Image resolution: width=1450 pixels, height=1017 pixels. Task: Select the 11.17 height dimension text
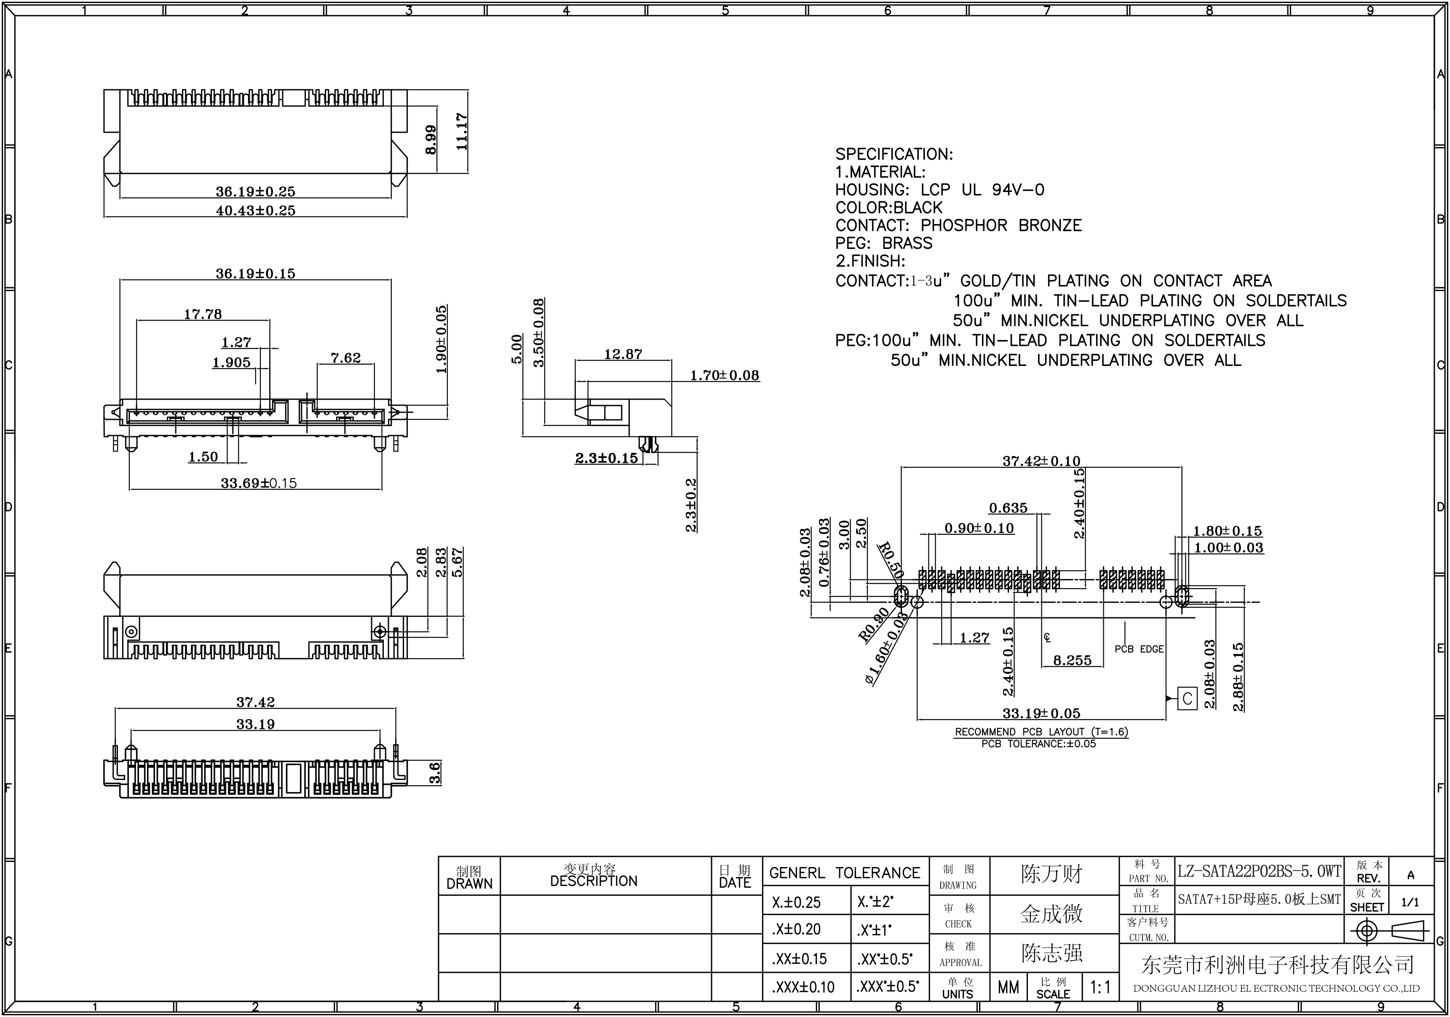[462, 131]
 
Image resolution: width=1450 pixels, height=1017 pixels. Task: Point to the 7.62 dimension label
[345, 358]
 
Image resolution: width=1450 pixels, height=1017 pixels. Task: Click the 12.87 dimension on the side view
[623, 354]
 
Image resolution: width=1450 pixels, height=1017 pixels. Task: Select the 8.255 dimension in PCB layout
[1073, 660]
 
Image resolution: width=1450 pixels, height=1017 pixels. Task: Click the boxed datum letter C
[1187, 699]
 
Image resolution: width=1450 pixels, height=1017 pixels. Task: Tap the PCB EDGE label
[1139, 649]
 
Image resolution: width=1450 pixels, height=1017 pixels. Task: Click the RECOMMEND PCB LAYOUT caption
[1041, 731]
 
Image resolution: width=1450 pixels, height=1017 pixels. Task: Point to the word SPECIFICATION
[894, 155]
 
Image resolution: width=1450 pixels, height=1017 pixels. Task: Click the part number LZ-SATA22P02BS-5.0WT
[1259, 872]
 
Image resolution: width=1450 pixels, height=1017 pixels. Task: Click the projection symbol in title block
[1388, 931]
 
